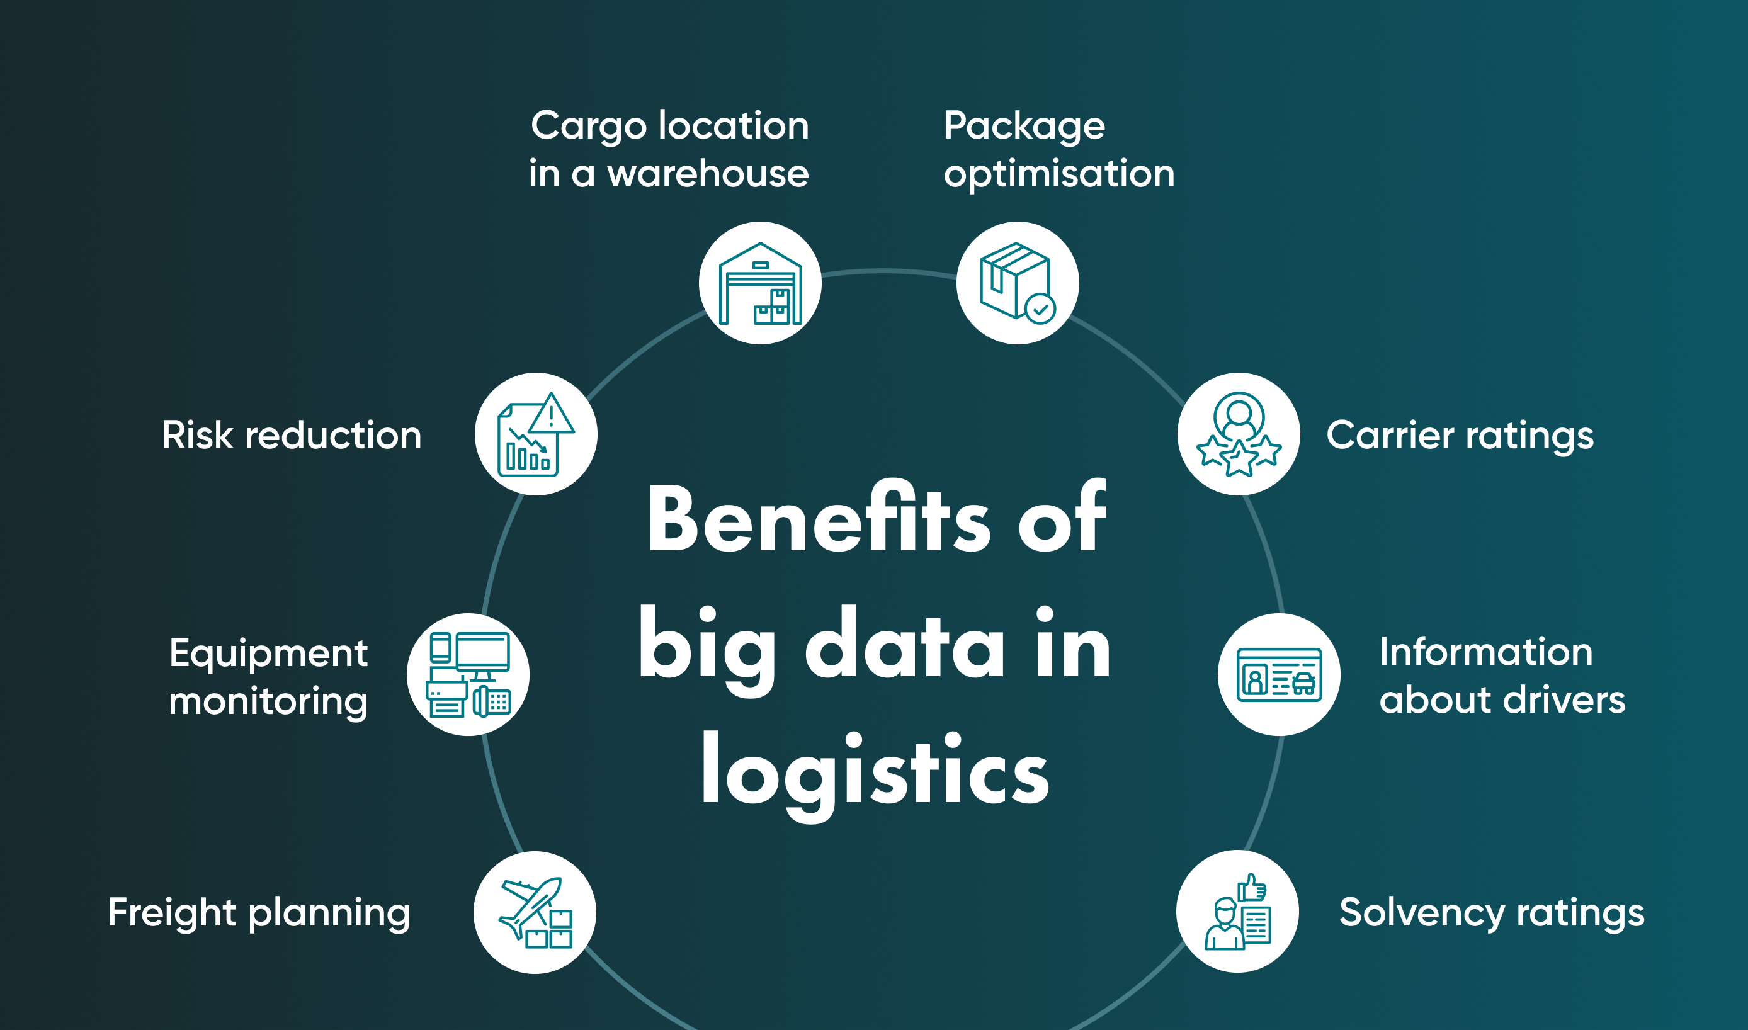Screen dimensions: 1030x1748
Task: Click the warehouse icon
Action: coord(760,283)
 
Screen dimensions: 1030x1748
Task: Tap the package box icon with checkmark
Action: coord(1017,283)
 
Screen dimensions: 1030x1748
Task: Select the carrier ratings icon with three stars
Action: coord(1239,434)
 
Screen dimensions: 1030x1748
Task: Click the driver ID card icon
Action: coord(1279,675)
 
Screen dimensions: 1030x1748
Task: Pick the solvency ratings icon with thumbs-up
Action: coord(1237,911)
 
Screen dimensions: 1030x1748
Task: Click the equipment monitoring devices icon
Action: coord(468,675)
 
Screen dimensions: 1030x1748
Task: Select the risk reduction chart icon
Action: coord(535,434)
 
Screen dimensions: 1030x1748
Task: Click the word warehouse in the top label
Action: coord(708,174)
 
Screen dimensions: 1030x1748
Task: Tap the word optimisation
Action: coord(1058,174)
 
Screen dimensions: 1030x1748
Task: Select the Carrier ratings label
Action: coord(1460,436)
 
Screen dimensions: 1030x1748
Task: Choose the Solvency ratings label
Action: coord(1491,913)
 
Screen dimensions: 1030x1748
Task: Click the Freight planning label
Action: coord(259,913)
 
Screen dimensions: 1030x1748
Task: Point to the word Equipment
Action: coord(268,654)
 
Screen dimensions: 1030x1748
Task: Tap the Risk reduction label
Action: coord(292,435)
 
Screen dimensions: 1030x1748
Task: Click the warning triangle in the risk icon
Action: coord(551,415)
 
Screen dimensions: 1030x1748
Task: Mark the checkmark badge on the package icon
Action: coord(1040,310)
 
